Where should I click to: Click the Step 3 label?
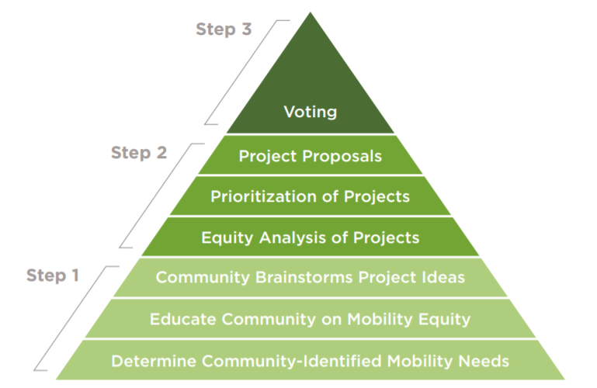(x=224, y=29)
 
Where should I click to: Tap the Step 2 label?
(x=139, y=153)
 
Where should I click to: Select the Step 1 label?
(x=53, y=275)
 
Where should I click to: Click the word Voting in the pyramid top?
(x=311, y=112)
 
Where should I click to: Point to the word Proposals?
(x=342, y=156)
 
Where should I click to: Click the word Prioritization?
(x=263, y=196)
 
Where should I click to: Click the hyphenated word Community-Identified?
(x=291, y=361)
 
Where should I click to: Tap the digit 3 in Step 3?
(x=246, y=29)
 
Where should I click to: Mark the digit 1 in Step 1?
(x=75, y=275)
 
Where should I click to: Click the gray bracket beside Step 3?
(x=246, y=72)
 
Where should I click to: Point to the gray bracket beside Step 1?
(x=75, y=318)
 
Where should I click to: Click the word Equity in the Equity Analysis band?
(x=227, y=238)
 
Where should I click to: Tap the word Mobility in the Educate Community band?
(x=380, y=320)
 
